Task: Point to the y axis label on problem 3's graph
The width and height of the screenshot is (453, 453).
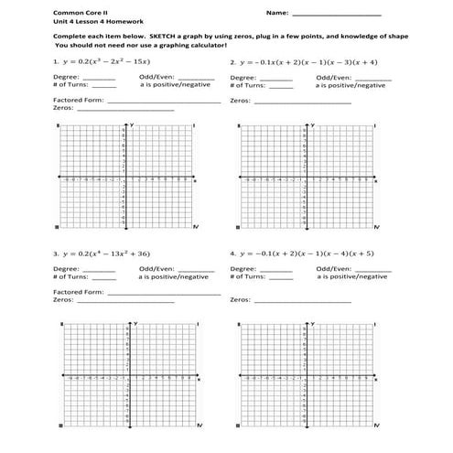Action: [x=134, y=324]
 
